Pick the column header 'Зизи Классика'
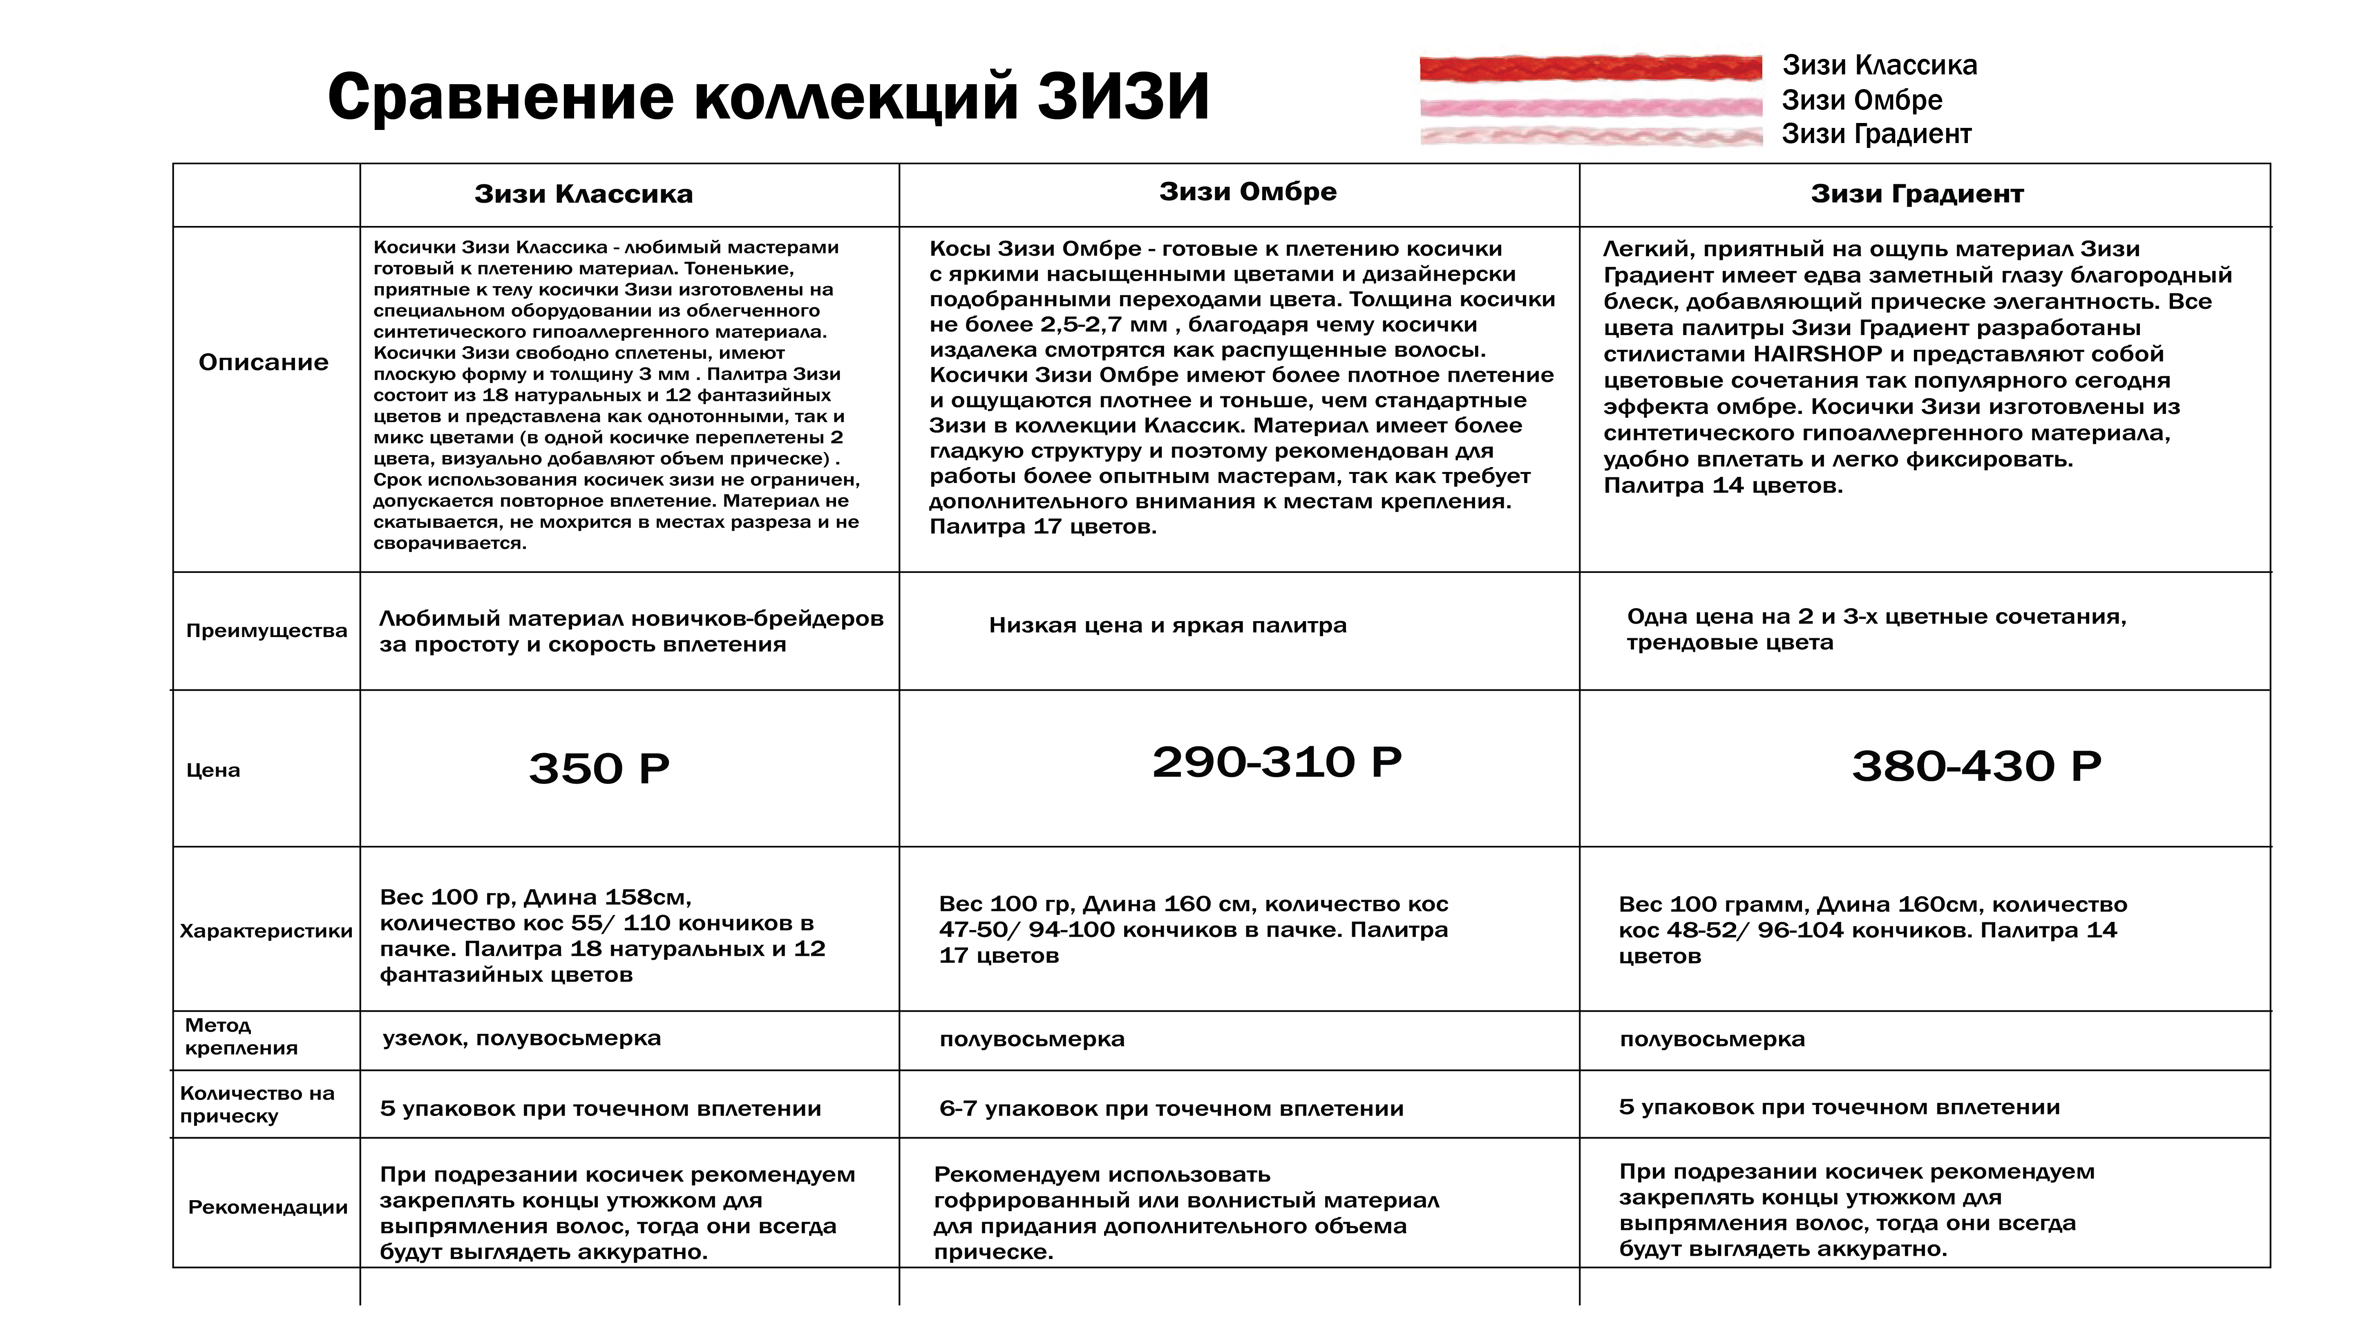[x=583, y=195]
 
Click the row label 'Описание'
[x=263, y=362]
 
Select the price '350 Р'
[x=599, y=768]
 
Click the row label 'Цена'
[x=212, y=770]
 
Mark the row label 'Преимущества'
[x=266, y=631]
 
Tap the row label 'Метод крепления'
[x=240, y=1036]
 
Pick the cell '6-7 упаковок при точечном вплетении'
[x=1171, y=1109]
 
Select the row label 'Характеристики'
[x=266, y=930]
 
